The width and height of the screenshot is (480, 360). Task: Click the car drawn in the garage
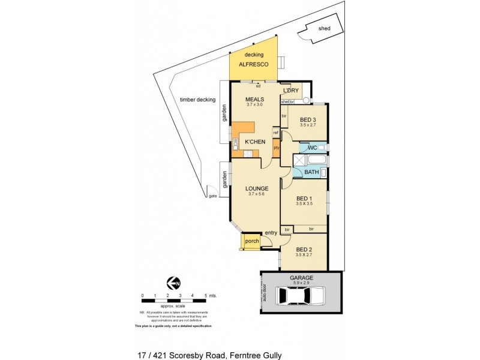pos(300,296)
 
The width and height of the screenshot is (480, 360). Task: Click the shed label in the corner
pos(325,28)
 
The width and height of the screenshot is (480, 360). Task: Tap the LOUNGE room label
pos(256,188)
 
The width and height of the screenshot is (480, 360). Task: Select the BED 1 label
pos(304,199)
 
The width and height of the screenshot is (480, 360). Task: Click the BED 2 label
pos(304,249)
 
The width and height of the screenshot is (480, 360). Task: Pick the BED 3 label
pos(308,119)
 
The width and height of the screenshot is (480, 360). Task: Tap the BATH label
pos(311,172)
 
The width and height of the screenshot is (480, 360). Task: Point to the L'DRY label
pos(290,91)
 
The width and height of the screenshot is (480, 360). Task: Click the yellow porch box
pos(249,242)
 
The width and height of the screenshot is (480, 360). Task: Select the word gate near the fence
pos(212,196)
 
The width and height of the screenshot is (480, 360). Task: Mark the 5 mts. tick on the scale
pos(205,295)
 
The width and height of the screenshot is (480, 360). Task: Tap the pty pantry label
pos(276,148)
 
